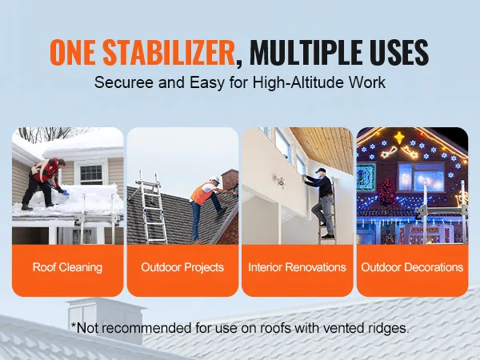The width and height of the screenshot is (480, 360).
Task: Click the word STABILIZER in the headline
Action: point(169,52)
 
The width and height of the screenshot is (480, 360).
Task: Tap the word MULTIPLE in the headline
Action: point(306,52)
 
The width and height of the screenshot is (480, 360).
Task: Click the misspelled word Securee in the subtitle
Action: point(124,82)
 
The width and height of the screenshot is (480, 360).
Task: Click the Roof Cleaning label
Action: point(67,267)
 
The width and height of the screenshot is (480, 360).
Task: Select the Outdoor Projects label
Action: point(182,267)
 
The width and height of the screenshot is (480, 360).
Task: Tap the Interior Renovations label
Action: point(297,267)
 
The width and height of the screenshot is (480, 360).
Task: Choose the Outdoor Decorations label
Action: point(412,267)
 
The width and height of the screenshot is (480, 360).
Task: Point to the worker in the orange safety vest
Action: point(208,208)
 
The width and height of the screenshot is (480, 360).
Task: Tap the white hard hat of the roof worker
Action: point(215,179)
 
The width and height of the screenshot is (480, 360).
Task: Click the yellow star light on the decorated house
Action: point(399,138)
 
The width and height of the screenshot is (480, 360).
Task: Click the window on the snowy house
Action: point(91,174)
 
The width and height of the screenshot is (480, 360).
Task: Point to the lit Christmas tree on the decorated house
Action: point(387,191)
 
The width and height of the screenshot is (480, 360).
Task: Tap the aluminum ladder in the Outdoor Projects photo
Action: point(151,208)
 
